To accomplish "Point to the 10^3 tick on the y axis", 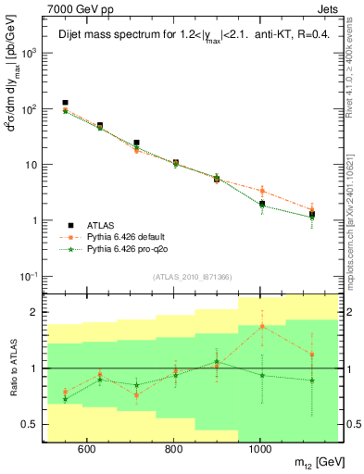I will [34, 53].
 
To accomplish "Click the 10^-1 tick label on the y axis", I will [33, 277].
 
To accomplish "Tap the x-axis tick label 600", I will [86, 451].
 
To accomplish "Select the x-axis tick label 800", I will [173, 451].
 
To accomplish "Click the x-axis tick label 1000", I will [260, 451].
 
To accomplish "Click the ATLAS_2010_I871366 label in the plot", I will [193, 278].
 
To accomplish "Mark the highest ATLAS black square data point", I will [65, 103].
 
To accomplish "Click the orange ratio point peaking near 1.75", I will [262, 326].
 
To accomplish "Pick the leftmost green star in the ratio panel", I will [65, 399].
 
